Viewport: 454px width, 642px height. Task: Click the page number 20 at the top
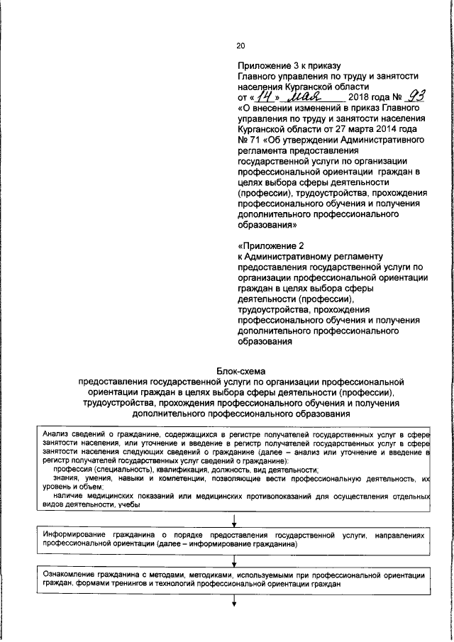240,46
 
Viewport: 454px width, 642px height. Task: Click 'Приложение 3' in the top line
267,65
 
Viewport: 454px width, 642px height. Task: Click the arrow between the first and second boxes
234,520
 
